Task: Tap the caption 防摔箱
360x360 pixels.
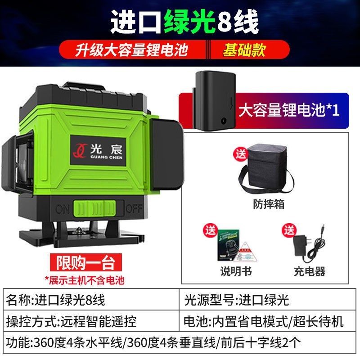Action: click(269, 204)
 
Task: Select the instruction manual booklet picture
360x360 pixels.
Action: click(229, 247)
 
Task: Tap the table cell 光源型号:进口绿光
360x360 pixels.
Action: click(269, 299)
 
